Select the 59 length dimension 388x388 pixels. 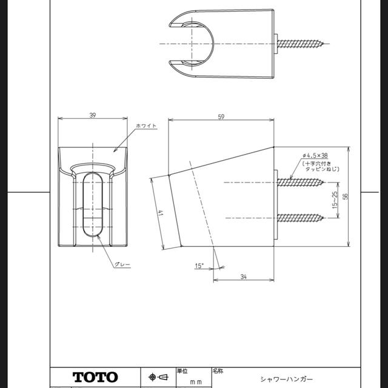(221, 118)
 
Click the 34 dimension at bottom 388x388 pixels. (242, 276)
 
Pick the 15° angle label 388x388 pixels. (199, 266)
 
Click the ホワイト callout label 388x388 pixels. (147, 125)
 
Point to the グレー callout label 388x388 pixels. (122, 265)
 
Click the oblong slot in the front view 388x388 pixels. (92, 206)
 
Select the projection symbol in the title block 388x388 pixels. (158, 377)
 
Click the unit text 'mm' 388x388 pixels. (195, 382)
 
